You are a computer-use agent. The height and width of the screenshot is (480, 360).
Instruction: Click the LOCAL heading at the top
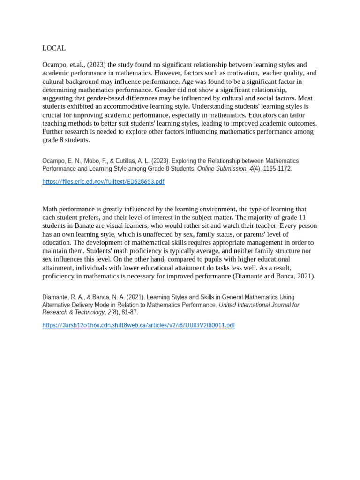pyautogui.click(x=54, y=48)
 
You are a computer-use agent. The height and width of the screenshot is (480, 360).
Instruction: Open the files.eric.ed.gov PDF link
pyautogui.click(x=103, y=181)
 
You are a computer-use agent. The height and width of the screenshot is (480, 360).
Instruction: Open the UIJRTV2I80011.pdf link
pyautogui.click(x=138, y=325)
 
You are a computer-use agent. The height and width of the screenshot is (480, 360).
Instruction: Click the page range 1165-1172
pyautogui.click(x=277, y=169)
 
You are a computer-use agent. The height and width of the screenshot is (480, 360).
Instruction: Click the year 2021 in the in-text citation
pyautogui.click(x=306, y=276)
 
